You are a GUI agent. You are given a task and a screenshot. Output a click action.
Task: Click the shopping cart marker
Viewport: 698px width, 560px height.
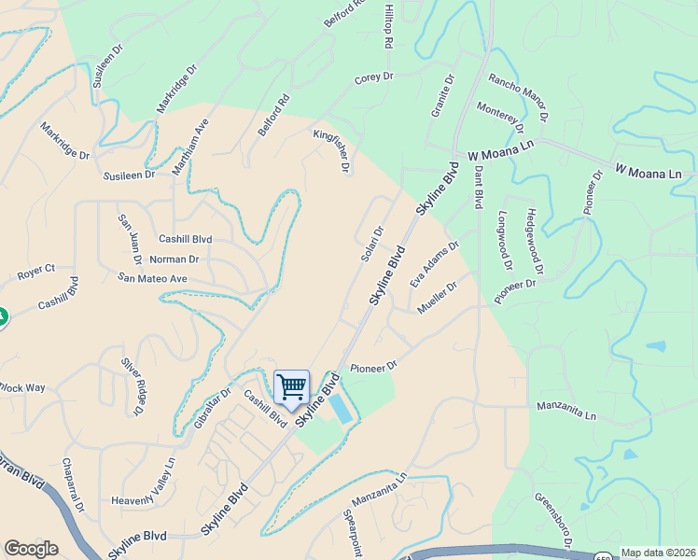point(292,385)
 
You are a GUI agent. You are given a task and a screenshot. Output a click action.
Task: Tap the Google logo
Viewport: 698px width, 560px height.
point(31,549)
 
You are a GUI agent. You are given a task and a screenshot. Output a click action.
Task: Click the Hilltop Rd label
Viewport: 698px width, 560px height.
point(387,26)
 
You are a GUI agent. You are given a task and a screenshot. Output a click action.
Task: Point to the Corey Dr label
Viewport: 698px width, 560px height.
point(374,78)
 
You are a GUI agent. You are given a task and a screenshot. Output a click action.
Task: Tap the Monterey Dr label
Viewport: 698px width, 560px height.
point(500,118)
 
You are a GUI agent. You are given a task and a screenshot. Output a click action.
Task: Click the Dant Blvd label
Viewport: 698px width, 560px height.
point(478,187)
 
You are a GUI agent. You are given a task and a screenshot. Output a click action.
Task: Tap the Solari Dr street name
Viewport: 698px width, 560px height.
point(372,244)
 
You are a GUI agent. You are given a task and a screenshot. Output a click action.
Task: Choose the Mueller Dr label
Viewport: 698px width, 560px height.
point(437,298)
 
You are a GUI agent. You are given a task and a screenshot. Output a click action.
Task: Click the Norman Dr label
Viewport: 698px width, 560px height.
point(174,259)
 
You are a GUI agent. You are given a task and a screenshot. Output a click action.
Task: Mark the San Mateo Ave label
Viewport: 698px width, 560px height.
point(153,278)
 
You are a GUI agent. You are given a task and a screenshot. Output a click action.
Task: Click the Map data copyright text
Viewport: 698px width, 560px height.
point(658,553)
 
